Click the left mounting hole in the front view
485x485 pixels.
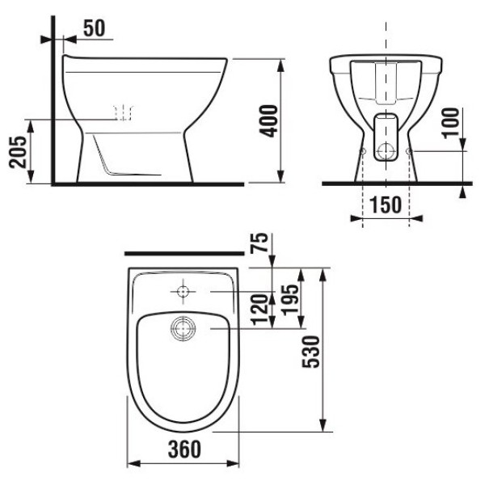click(x=364, y=151)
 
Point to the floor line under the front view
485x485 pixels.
click(x=388, y=183)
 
